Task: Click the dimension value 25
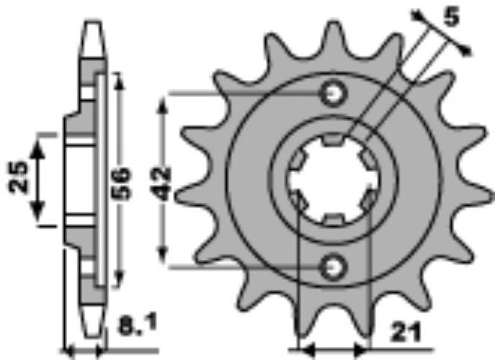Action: (x=18, y=177)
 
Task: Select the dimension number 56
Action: (x=122, y=184)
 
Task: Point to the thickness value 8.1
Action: (x=138, y=325)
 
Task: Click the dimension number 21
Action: (x=406, y=332)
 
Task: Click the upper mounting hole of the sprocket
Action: (x=334, y=94)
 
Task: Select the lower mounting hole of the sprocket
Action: (x=334, y=268)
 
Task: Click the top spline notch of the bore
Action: (x=333, y=140)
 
